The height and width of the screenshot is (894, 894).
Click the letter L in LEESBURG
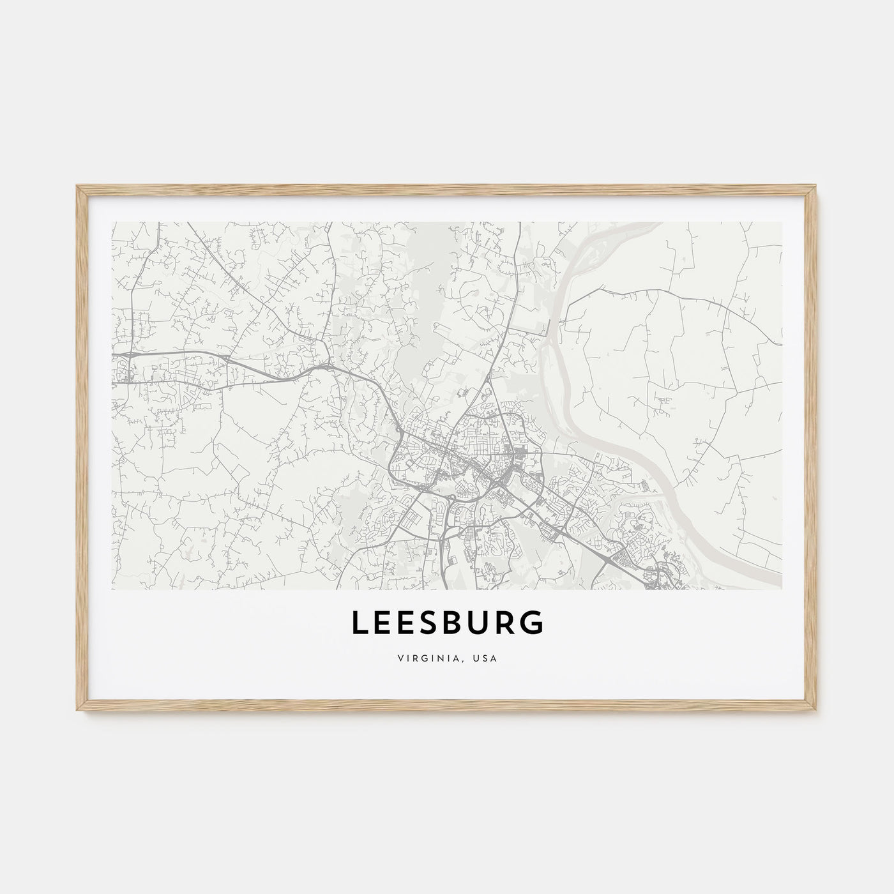pyautogui.click(x=360, y=624)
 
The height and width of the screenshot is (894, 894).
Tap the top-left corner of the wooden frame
pyautogui.click(x=78, y=186)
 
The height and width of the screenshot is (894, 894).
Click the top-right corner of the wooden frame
pyautogui.click(x=816, y=186)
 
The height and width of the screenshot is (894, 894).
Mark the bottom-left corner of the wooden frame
pyautogui.click(x=78, y=711)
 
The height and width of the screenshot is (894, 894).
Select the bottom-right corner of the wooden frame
pyautogui.click(x=816, y=711)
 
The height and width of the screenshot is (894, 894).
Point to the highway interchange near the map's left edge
pyautogui.click(x=130, y=354)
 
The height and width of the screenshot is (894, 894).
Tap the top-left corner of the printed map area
pyautogui.click(x=112, y=223)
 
